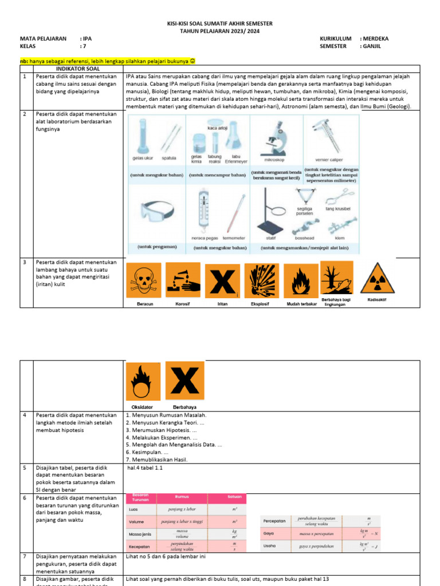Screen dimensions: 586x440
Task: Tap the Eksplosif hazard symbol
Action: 262,281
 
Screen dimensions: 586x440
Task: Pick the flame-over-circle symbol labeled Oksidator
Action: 143,381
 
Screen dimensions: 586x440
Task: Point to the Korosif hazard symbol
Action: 183,281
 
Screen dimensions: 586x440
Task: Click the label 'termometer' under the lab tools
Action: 234,238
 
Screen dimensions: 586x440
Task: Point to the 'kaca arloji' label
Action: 217,128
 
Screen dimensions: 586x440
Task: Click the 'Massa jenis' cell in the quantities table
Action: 140,534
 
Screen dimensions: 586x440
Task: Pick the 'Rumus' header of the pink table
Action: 182,497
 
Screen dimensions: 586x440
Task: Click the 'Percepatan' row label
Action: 274,521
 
